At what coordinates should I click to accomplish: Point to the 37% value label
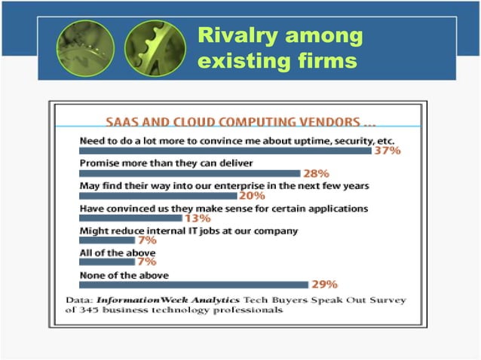[387, 151]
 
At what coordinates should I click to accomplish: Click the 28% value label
[316, 173]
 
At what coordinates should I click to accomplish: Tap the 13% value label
[198, 218]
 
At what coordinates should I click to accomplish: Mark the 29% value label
[325, 285]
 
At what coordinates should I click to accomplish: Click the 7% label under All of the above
[147, 262]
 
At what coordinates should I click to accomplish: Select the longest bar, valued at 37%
[225, 151]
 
